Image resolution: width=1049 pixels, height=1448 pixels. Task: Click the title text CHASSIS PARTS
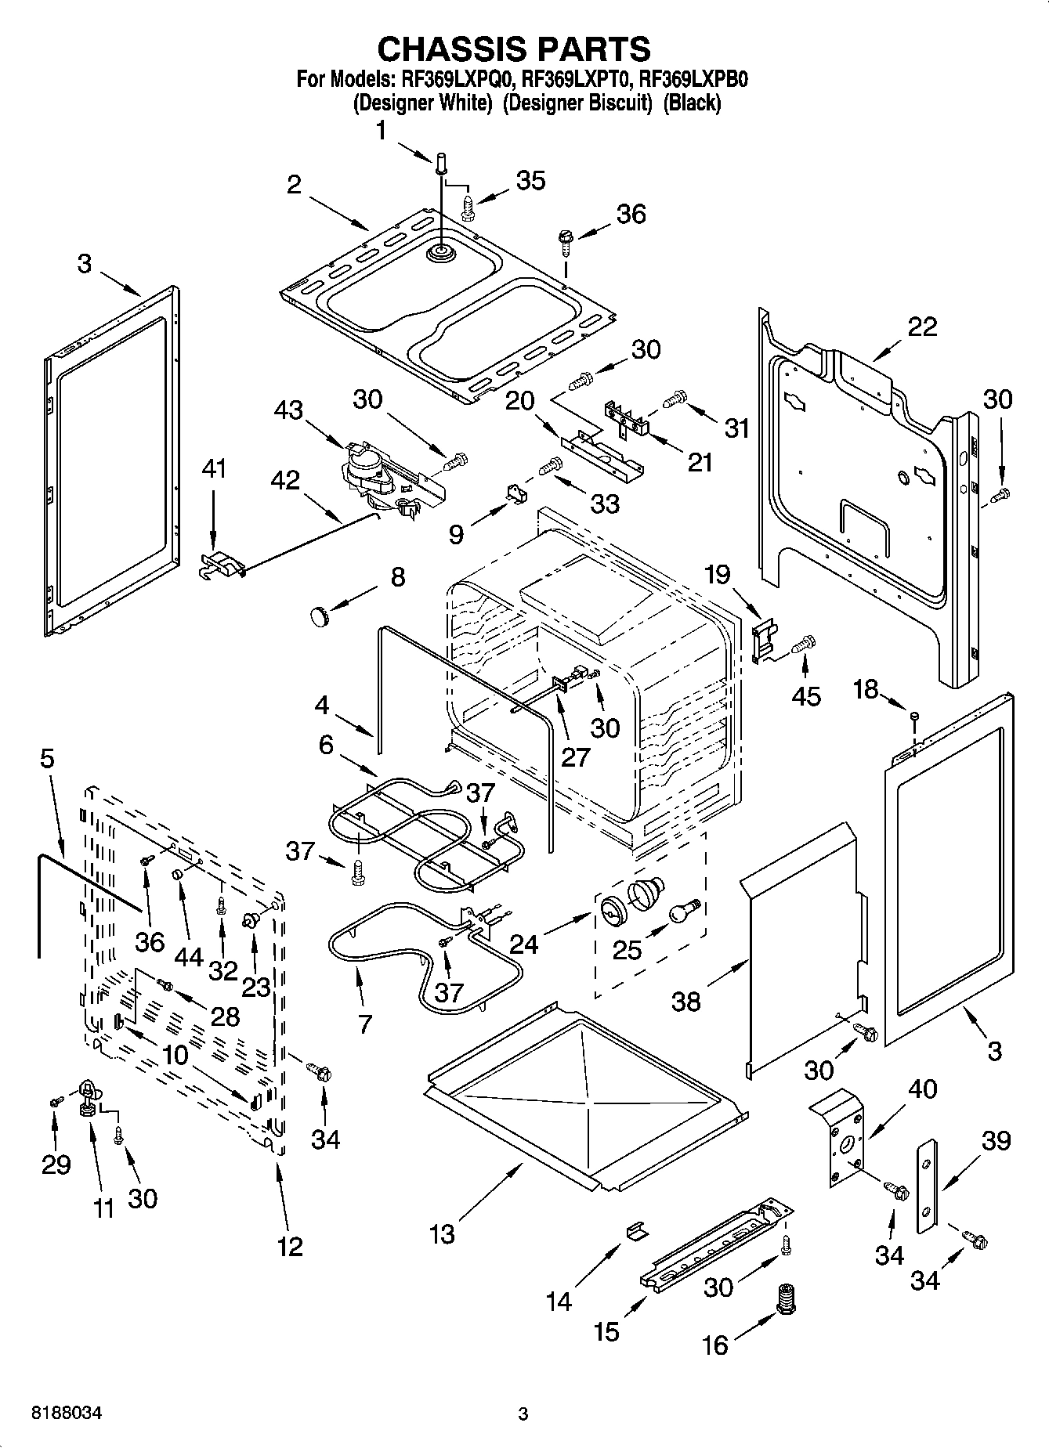click(x=514, y=49)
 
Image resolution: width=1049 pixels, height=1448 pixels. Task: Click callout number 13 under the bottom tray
click(x=442, y=1235)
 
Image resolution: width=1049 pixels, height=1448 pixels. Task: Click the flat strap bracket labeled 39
click(x=928, y=1175)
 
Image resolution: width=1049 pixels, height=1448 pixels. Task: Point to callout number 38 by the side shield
click(x=686, y=1002)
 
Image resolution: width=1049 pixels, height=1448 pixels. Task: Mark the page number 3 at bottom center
click(x=523, y=1414)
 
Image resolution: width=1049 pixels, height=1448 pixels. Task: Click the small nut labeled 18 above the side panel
click(x=914, y=715)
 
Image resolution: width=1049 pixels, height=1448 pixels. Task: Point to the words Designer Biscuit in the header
click(x=577, y=102)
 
